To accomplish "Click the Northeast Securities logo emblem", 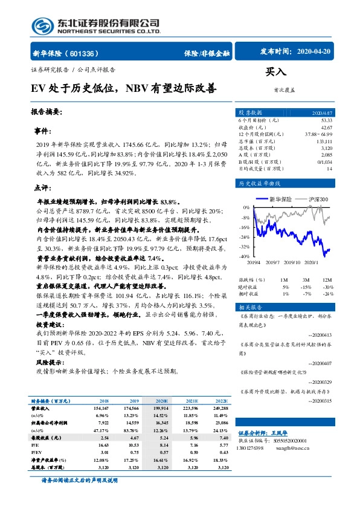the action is coord(42,25).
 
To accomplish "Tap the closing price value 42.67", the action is coord(326,127).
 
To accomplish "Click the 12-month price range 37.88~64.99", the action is coord(320,134).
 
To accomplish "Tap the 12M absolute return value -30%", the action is coord(327,287).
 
